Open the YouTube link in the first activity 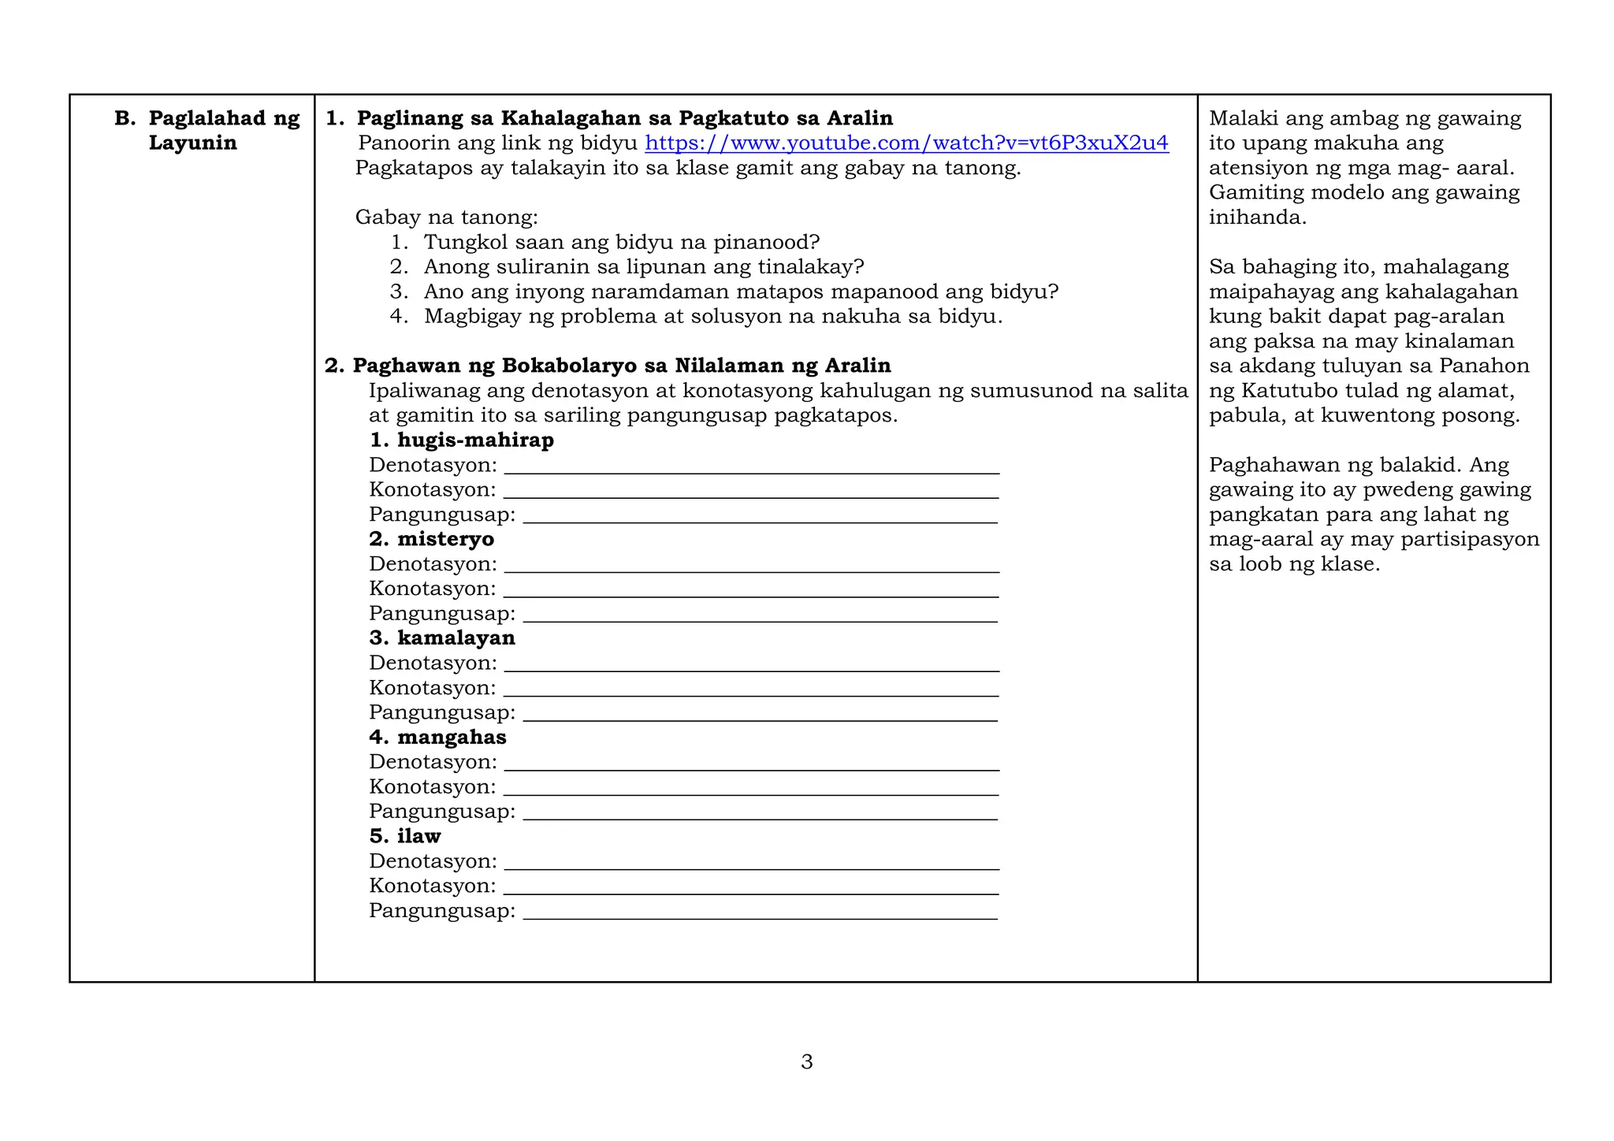[x=906, y=143]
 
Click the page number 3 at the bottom [x=806, y=1061]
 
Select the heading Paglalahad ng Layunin [x=208, y=130]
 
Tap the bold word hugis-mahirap [x=475, y=440]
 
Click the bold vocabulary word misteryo [x=445, y=539]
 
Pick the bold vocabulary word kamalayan [x=456, y=637]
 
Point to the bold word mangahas [x=452, y=737]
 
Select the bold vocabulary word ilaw [x=418, y=835]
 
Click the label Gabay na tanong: [x=446, y=217]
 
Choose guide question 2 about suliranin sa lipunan [x=643, y=266]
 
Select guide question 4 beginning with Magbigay [x=712, y=316]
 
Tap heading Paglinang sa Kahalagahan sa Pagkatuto [x=624, y=118]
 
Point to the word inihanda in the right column [x=1257, y=217]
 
